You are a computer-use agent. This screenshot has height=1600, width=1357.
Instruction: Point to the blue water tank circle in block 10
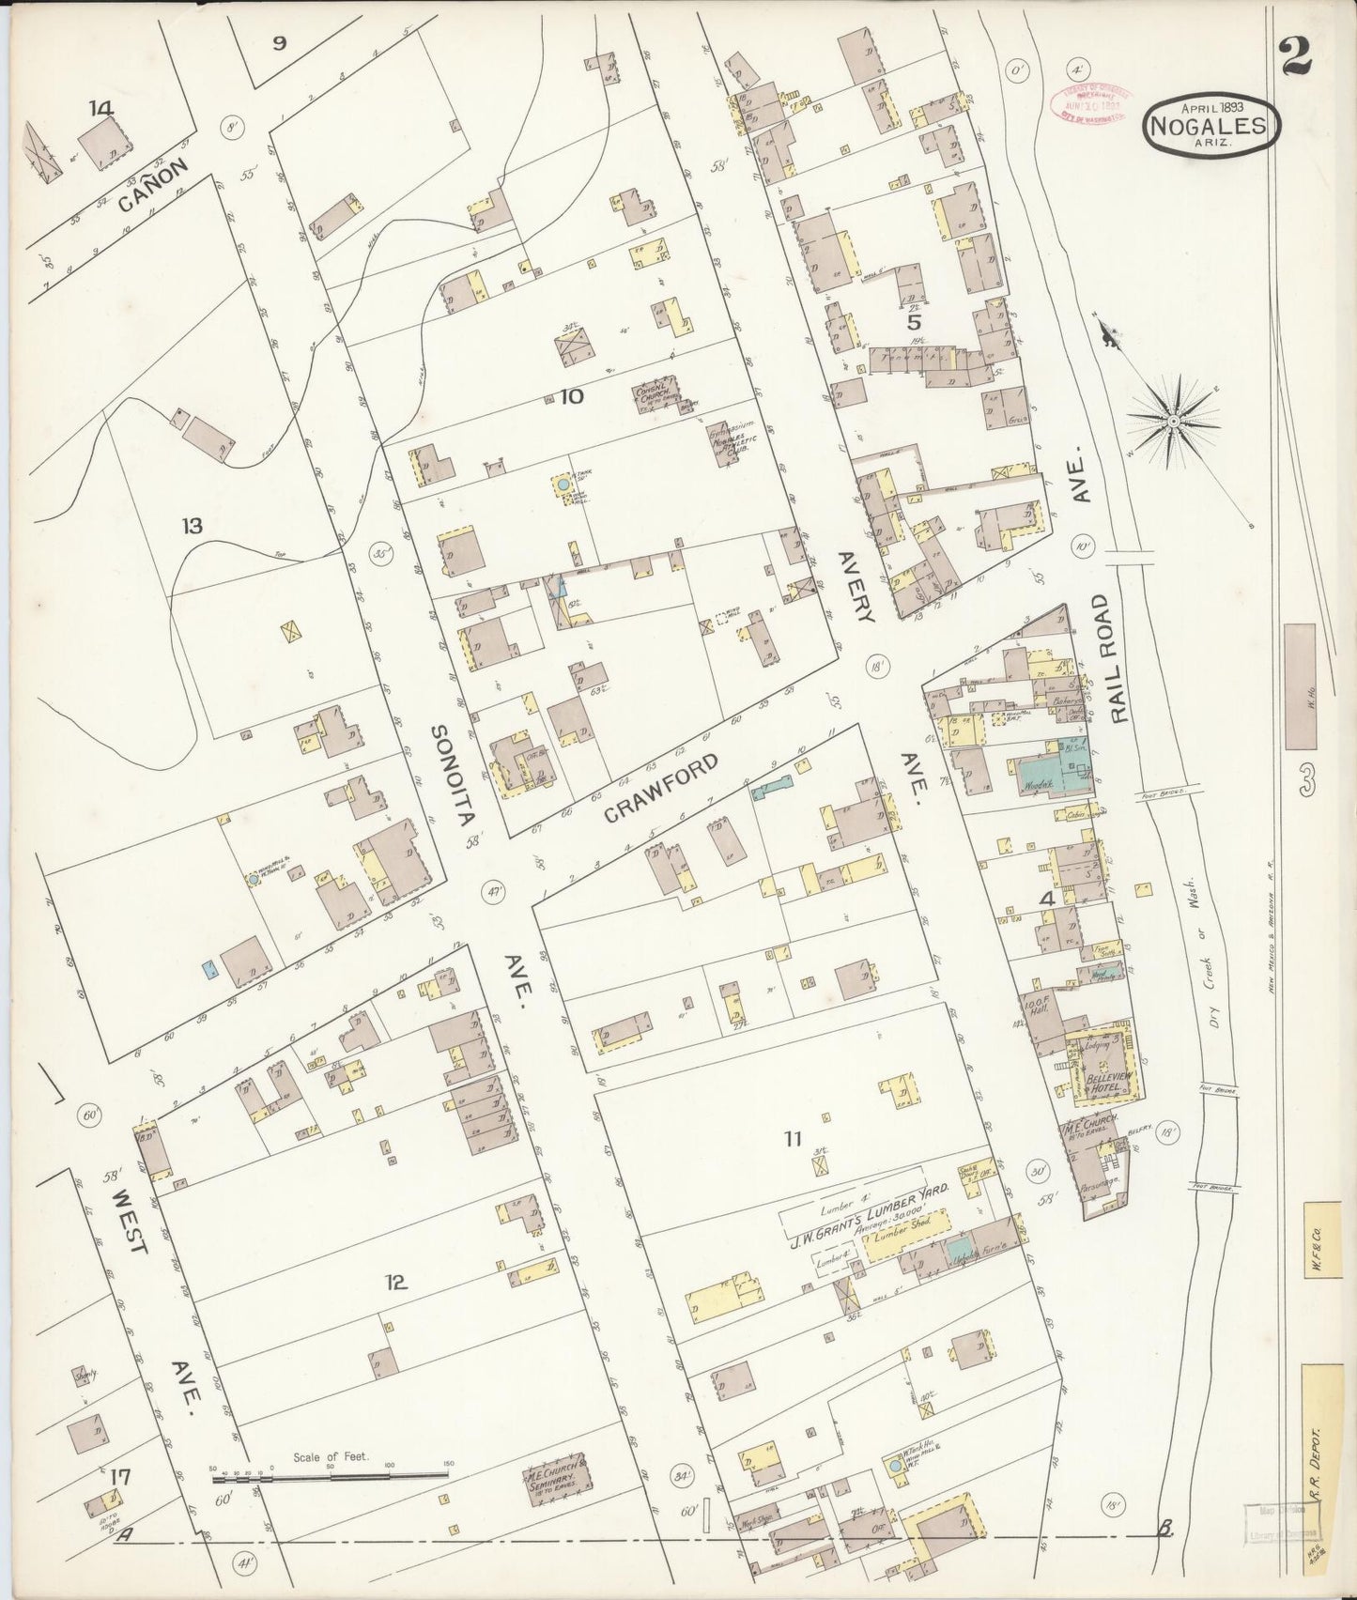pyautogui.click(x=562, y=484)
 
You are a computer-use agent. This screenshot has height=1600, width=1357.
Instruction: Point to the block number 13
pyautogui.click(x=193, y=527)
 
